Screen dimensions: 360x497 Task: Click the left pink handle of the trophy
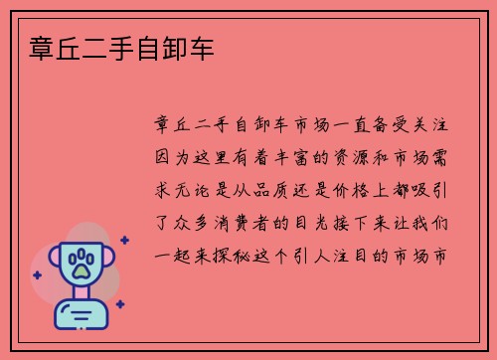[56, 261]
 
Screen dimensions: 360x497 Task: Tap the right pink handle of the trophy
[110, 261]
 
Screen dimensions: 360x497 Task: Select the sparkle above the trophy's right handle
[124, 240]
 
